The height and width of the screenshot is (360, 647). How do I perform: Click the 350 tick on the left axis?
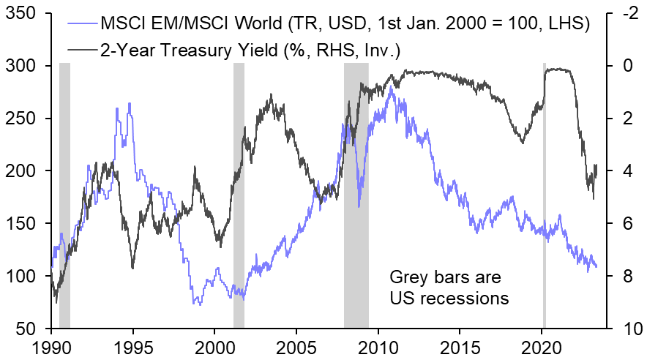tap(27, 13)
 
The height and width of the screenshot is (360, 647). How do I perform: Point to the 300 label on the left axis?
tap(27, 66)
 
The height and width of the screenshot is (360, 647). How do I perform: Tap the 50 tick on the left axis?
tap(31, 329)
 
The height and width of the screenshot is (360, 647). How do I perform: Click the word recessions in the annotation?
tap(468, 298)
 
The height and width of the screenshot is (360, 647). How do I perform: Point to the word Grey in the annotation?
tap(407, 278)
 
